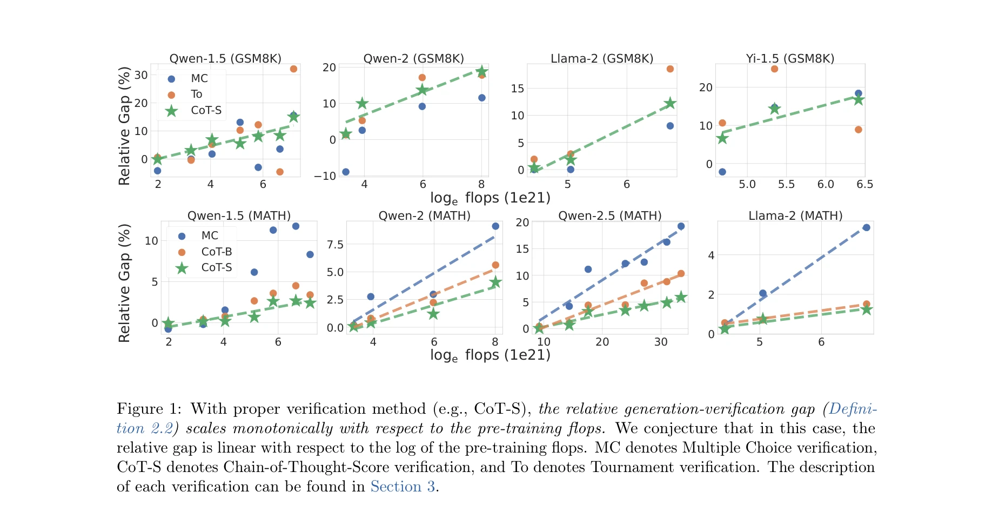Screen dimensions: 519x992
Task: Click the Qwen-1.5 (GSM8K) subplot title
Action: click(x=225, y=58)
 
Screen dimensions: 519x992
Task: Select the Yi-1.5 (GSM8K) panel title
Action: click(x=790, y=58)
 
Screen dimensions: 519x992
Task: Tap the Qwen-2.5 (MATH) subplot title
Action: click(x=609, y=215)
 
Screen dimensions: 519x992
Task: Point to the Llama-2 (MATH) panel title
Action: click(x=795, y=215)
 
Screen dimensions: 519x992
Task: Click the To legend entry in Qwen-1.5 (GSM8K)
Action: click(x=196, y=95)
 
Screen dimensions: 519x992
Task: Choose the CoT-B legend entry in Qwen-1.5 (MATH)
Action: click(x=216, y=252)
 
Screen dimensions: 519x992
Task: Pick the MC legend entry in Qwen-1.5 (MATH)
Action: click(x=209, y=235)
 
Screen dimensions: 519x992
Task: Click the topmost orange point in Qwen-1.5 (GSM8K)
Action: click(x=293, y=69)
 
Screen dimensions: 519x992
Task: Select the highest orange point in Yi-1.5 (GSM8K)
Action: click(x=774, y=69)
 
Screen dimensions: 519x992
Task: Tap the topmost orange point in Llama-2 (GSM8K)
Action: click(x=670, y=69)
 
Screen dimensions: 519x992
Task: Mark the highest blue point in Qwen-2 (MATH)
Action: click(x=495, y=226)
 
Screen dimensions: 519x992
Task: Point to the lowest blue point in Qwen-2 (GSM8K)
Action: click(x=346, y=172)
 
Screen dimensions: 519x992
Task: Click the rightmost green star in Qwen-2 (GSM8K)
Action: click(x=482, y=72)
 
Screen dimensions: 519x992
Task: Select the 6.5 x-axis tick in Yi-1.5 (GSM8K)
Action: click(x=864, y=184)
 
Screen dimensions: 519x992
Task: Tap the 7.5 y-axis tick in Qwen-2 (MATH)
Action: click(x=335, y=245)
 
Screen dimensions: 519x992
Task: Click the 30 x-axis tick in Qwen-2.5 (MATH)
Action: click(x=661, y=342)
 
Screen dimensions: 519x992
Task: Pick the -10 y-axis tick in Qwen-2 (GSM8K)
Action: click(x=325, y=176)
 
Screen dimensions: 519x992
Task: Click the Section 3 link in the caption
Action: click(x=403, y=487)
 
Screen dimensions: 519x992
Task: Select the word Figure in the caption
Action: click(x=140, y=409)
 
